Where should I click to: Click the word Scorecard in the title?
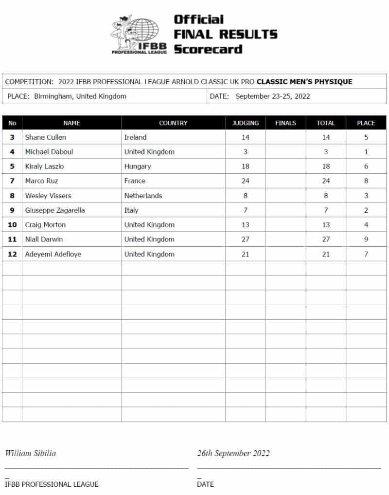tap(208, 49)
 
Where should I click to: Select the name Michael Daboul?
tap(49, 152)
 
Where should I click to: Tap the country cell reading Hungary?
tap(138, 166)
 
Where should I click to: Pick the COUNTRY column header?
tap(173, 123)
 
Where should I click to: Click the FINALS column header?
tap(285, 123)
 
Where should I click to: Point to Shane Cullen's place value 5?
tap(366, 137)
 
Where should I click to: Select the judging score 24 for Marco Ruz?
tap(246, 181)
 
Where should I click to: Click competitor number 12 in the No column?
tap(12, 254)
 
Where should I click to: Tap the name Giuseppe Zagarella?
tap(55, 210)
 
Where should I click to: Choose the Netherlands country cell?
tap(143, 196)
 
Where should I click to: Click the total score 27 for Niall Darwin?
tap(326, 239)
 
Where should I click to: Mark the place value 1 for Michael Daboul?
tap(366, 152)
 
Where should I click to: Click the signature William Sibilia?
tap(30, 453)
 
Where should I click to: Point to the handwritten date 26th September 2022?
tap(233, 453)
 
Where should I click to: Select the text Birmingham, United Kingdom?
tap(80, 96)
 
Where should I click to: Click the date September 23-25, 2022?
tap(273, 96)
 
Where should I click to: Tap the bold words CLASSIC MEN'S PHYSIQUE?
tap(304, 82)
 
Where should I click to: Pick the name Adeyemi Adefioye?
tap(53, 254)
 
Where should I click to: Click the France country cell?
tap(135, 181)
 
